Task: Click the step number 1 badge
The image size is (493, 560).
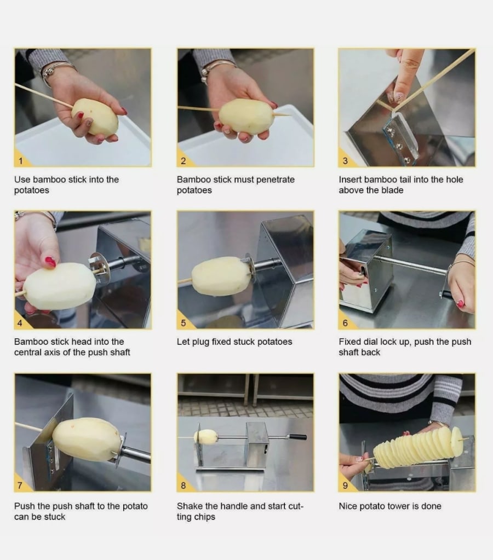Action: point(20,161)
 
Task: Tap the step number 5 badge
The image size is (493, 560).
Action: point(183,323)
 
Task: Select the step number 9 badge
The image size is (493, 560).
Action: point(345,486)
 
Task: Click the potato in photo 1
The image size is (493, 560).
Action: point(95,117)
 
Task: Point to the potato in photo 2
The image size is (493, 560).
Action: point(246,117)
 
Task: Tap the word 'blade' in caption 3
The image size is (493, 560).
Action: point(392,190)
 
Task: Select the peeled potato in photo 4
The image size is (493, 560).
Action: point(59,286)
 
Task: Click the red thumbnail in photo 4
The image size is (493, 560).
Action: point(50,262)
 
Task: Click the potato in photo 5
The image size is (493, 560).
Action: point(221,276)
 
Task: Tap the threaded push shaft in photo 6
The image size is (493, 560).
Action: point(411,265)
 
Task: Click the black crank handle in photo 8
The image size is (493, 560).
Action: point(297,437)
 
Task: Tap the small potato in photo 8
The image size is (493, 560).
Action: point(205,437)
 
